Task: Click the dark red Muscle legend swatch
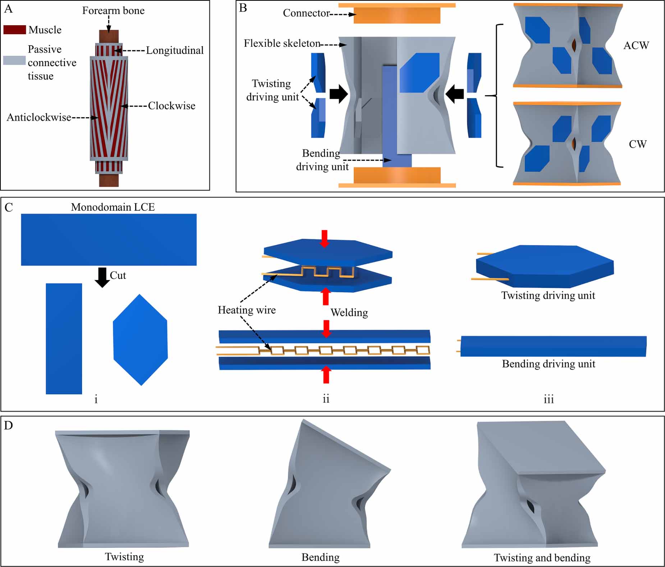click(x=14, y=29)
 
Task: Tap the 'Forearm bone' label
click(x=113, y=10)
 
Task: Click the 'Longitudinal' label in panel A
click(x=175, y=50)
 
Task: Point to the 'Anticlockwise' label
click(x=39, y=117)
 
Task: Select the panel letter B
click(x=243, y=8)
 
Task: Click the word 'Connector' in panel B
click(x=306, y=13)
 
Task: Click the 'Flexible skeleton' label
click(x=282, y=43)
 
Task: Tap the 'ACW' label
click(x=636, y=45)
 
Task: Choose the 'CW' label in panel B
click(x=637, y=144)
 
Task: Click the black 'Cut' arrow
click(x=102, y=277)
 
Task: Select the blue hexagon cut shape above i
click(x=140, y=340)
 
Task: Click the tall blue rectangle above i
click(x=64, y=338)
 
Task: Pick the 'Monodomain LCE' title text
click(x=113, y=207)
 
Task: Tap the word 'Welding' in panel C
click(x=349, y=312)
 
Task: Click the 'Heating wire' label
click(x=247, y=310)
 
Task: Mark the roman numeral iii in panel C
click(x=548, y=399)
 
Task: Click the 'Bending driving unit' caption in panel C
click(x=548, y=364)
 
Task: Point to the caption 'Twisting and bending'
click(x=542, y=558)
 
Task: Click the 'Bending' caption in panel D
click(x=320, y=557)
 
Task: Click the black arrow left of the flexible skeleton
click(x=338, y=94)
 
